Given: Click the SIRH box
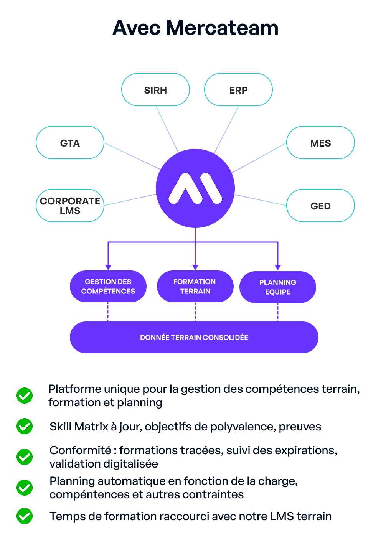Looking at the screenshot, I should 155,90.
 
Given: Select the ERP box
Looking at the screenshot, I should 238,90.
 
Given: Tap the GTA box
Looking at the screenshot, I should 70,143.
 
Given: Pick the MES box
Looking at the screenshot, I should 320,143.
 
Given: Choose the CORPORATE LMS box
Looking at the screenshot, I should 70,206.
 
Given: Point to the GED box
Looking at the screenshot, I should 320,206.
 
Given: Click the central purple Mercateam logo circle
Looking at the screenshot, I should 195,188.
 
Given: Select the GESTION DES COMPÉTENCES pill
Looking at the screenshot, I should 108,287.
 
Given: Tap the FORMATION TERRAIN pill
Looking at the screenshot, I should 195,287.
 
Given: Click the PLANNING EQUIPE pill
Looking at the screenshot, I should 278,287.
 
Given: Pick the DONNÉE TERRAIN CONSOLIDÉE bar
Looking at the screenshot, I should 194,338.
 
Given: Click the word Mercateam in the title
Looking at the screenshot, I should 222,28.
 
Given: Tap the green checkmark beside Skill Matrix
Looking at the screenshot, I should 25,426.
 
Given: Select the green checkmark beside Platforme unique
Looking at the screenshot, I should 25,396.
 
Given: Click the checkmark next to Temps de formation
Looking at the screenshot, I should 25,516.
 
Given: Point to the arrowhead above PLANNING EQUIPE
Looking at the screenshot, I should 278,267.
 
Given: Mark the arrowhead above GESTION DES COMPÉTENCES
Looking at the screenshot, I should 108,267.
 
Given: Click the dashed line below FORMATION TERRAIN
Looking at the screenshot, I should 195,312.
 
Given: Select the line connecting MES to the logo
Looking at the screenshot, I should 259,158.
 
